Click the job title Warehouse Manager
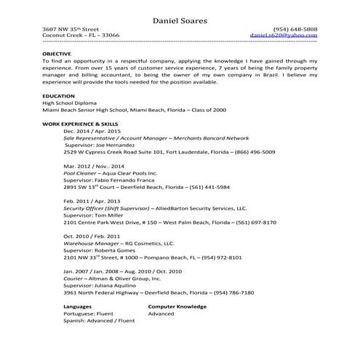point(92,244)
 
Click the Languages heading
point(79,307)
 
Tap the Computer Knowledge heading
point(177,307)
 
